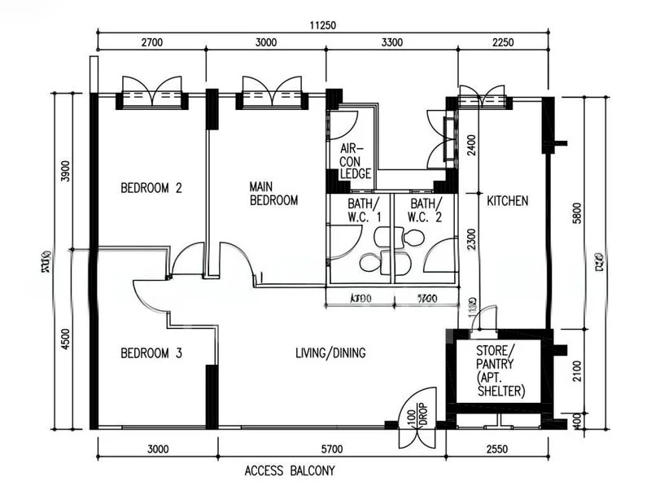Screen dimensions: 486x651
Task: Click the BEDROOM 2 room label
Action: (x=151, y=188)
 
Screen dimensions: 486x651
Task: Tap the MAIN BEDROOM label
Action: (x=273, y=193)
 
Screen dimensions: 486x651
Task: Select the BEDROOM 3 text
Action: (x=151, y=353)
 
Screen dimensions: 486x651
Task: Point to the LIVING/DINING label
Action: (x=330, y=353)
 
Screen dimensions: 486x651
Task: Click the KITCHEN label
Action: (x=508, y=200)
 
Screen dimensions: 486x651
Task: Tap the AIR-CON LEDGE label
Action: (x=355, y=161)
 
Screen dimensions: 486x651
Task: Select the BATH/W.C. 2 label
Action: (x=424, y=210)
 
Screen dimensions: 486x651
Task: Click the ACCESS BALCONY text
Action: (x=289, y=471)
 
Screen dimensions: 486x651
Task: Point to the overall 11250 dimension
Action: (x=323, y=25)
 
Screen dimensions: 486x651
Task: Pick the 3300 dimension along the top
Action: (x=391, y=42)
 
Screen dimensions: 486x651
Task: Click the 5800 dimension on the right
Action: (x=576, y=213)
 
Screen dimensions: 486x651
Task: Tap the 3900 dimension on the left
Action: (x=66, y=172)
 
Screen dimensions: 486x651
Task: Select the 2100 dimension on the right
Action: (x=576, y=371)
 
